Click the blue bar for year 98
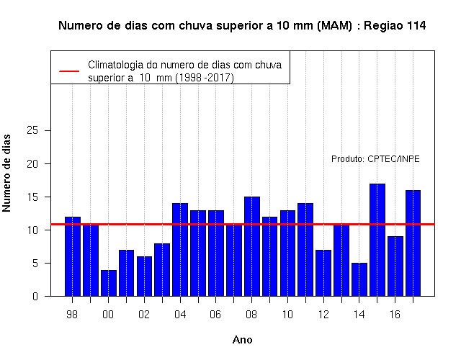coord(73,256)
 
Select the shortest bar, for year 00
coord(109,283)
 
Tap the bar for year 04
coord(180,250)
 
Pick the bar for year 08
coord(252,246)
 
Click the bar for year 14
coord(359,279)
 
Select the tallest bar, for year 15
coord(377,240)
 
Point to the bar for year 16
coord(395,266)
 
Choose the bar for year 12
coord(323,273)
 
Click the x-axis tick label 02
coord(144,315)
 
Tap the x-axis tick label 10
coord(287,315)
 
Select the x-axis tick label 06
coord(215,315)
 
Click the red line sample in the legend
coord(69,71)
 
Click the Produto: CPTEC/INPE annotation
coord(375,159)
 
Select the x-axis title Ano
coord(242,340)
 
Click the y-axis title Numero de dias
coord(6,173)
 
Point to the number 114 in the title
coord(416,26)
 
